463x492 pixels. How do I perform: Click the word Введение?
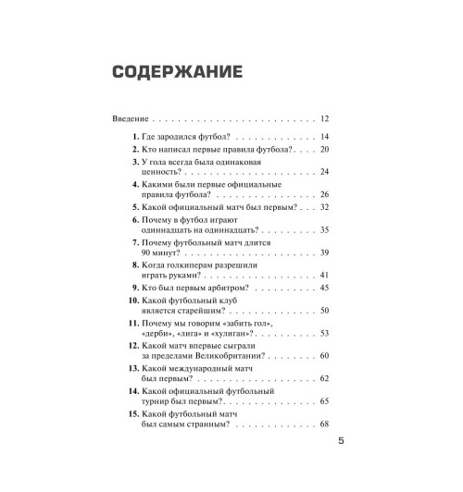[130, 119]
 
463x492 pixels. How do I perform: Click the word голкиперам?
[199, 264]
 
